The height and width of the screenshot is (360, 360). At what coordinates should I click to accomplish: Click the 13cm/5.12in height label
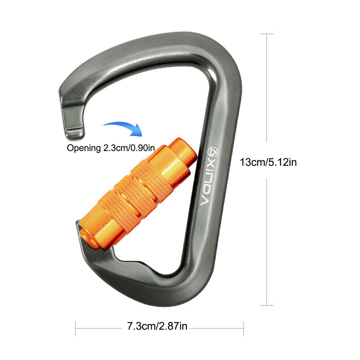coord(268,162)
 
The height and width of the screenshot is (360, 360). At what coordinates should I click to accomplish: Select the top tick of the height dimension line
coord(266,34)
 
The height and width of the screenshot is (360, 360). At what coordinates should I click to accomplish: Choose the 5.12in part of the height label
coord(283,162)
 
